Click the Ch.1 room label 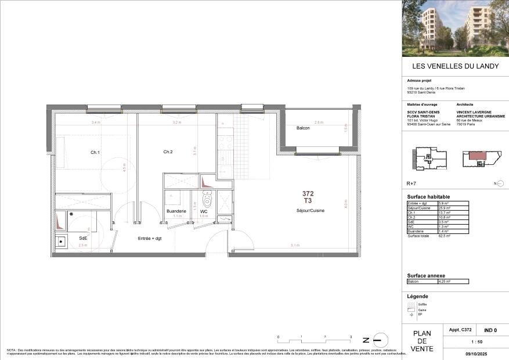pyautogui.click(x=95, y=152)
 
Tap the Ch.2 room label pyautogui.click(x=168, y=152)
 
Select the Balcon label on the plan pyautogui.click(x=303, y=128)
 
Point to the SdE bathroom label pyautogui.click(x=84, y=238)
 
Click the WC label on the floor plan pyautogui.click(x=204, y=211)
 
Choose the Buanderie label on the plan pyautogui.click(x=176, y=211)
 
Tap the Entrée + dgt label pyautogui.click(x=149, y=239)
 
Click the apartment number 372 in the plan pyautogui.click(x=308, y=193)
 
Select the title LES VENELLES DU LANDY pyautogui.click(x=455, y=66)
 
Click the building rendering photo pyautogui.click(x=455, y=28)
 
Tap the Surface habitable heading pyautogui.click(x=429, y=196)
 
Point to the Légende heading pyautogui.click(x=418, y=296)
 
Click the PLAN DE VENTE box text pyautogui.click(x=421, y=341)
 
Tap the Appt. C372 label pyautogui.click(x=460, y=330)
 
